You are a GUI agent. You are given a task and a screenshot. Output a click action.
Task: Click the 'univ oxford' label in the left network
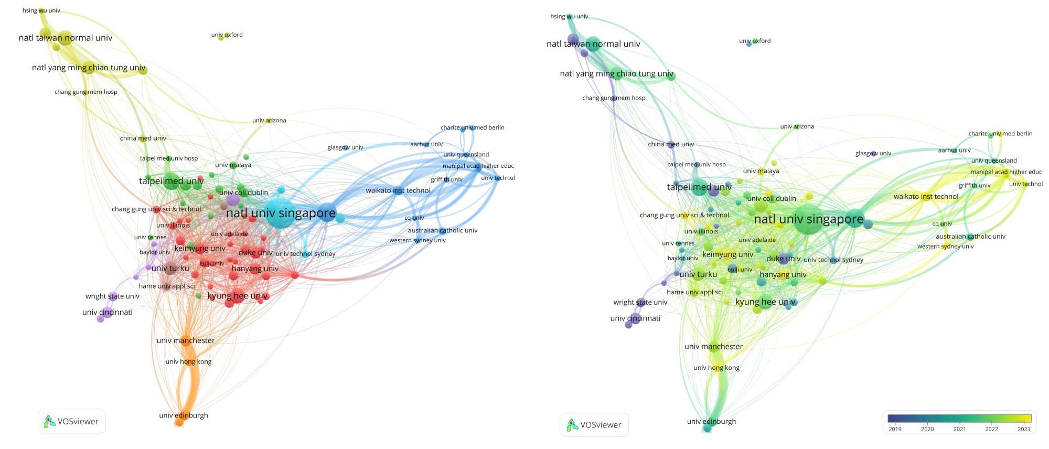coord(227,35)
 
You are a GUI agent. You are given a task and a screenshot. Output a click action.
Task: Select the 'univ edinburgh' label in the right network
coord(711,421)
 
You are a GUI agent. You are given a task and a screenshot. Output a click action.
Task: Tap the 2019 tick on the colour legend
coord(895,429)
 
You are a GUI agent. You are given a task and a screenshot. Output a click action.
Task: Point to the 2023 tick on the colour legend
coord(1024,429)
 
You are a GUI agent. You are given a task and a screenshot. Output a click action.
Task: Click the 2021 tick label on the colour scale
coord(959,429)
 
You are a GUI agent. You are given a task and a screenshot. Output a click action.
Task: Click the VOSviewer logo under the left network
coord(72,421)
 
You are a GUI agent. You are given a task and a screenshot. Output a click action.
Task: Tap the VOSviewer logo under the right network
coord(594,425)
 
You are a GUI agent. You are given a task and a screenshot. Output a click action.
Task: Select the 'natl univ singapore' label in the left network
coord(281,213)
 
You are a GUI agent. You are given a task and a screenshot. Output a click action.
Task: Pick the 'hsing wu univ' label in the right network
coord(569,17)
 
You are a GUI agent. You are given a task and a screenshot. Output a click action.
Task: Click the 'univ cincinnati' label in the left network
coord(108,312)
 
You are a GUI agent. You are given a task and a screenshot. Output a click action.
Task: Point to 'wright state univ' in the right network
coord(640,302)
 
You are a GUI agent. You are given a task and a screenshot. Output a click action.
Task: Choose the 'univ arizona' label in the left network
coord(269,121)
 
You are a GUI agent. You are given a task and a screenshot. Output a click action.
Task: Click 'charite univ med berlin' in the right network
coord(1000,134)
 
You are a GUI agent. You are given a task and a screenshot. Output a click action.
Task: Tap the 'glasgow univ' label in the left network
coord(345,147)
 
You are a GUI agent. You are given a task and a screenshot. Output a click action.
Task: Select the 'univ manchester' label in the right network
coord(713,346)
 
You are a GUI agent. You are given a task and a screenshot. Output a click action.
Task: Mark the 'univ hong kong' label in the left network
coord(188,361)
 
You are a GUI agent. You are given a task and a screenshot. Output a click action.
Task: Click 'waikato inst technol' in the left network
coord(398,190)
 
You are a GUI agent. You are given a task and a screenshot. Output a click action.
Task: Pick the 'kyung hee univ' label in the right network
coord(766,302)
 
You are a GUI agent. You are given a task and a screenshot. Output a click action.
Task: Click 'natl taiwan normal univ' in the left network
coord(66,38)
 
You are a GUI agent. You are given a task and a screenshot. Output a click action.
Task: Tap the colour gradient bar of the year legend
coord(959,418)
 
